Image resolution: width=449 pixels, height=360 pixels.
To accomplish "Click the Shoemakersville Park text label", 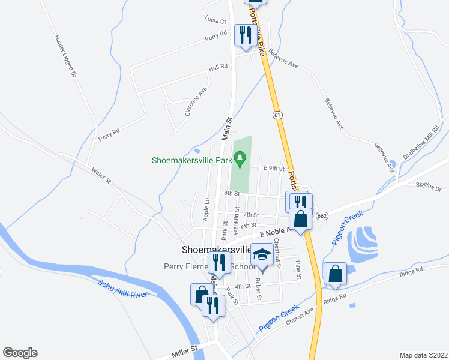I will pos(191,160).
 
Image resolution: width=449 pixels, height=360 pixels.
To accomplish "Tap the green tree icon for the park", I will pos(240,158).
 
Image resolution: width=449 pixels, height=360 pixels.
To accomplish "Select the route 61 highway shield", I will pos(276,115).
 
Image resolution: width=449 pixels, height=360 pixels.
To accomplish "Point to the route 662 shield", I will pos(321,216).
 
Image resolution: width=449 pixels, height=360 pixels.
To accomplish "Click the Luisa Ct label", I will pos(214,20).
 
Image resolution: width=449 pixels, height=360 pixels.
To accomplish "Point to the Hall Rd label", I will pos(218,67).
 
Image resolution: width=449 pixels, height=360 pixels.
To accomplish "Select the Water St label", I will pos(101,176).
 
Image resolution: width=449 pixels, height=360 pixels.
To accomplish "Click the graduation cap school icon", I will pos(261,256).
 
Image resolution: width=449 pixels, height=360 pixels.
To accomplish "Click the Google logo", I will pos(20,353).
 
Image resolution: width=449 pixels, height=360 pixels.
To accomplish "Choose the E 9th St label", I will pos(273,169).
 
